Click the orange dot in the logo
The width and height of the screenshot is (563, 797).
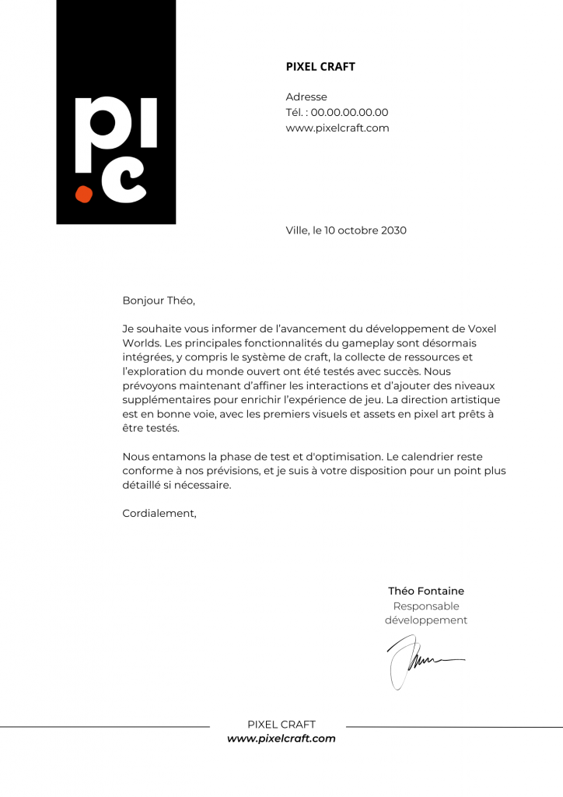(x=83, y=194)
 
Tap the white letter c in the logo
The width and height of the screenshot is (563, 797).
(x=124, y=182)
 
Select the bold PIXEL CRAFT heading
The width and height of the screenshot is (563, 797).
(x=320, y=67)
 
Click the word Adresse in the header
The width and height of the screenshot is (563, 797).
(x=306, y=97)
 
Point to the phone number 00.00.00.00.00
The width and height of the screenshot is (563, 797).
(x=349, y=113)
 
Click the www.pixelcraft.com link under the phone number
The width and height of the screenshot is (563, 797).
(x=337, y=128)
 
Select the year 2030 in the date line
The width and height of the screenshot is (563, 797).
(x=393, y=230)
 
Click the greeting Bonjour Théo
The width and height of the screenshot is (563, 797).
(x=159, y=300)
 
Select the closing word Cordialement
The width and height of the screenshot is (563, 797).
(x=159, y=513)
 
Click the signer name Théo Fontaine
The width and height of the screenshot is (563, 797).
(x=426, y=591)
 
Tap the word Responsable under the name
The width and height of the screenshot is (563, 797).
(x=426, y=606)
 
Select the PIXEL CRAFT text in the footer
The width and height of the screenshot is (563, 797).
(x=281, y=725)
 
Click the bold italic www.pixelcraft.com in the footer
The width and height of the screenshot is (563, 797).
(x=281, y=739)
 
